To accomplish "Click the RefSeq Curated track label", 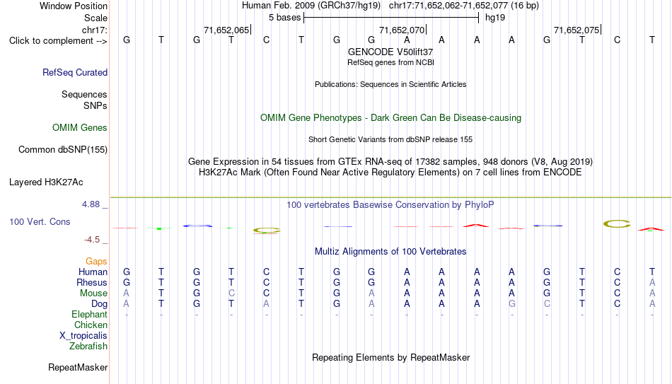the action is tap(75, 72).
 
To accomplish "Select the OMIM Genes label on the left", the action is tap(80, 128).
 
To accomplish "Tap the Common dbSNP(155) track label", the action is tap(63, 150).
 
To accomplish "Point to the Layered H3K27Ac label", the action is tap(46, 182).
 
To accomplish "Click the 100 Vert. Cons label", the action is tap(40, 221).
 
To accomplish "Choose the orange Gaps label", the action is tap(96, 262).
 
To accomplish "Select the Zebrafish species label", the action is tap(88, 346).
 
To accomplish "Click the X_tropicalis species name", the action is tap(83, 336).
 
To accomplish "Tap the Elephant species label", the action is tap(90, 314).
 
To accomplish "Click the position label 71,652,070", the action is tap(402, 30).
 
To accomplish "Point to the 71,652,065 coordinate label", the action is tap(226, 30).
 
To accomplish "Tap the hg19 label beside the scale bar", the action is tap(495, 18).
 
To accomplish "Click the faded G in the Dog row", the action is tap(511, 304).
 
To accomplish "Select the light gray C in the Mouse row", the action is tap(231, 293).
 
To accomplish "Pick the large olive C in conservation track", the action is tap(617, 223).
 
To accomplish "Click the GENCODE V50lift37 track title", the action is tap(390, 52).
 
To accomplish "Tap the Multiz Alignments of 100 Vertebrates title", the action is tap(390, 252).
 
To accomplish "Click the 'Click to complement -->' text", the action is tap(58, 41).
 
